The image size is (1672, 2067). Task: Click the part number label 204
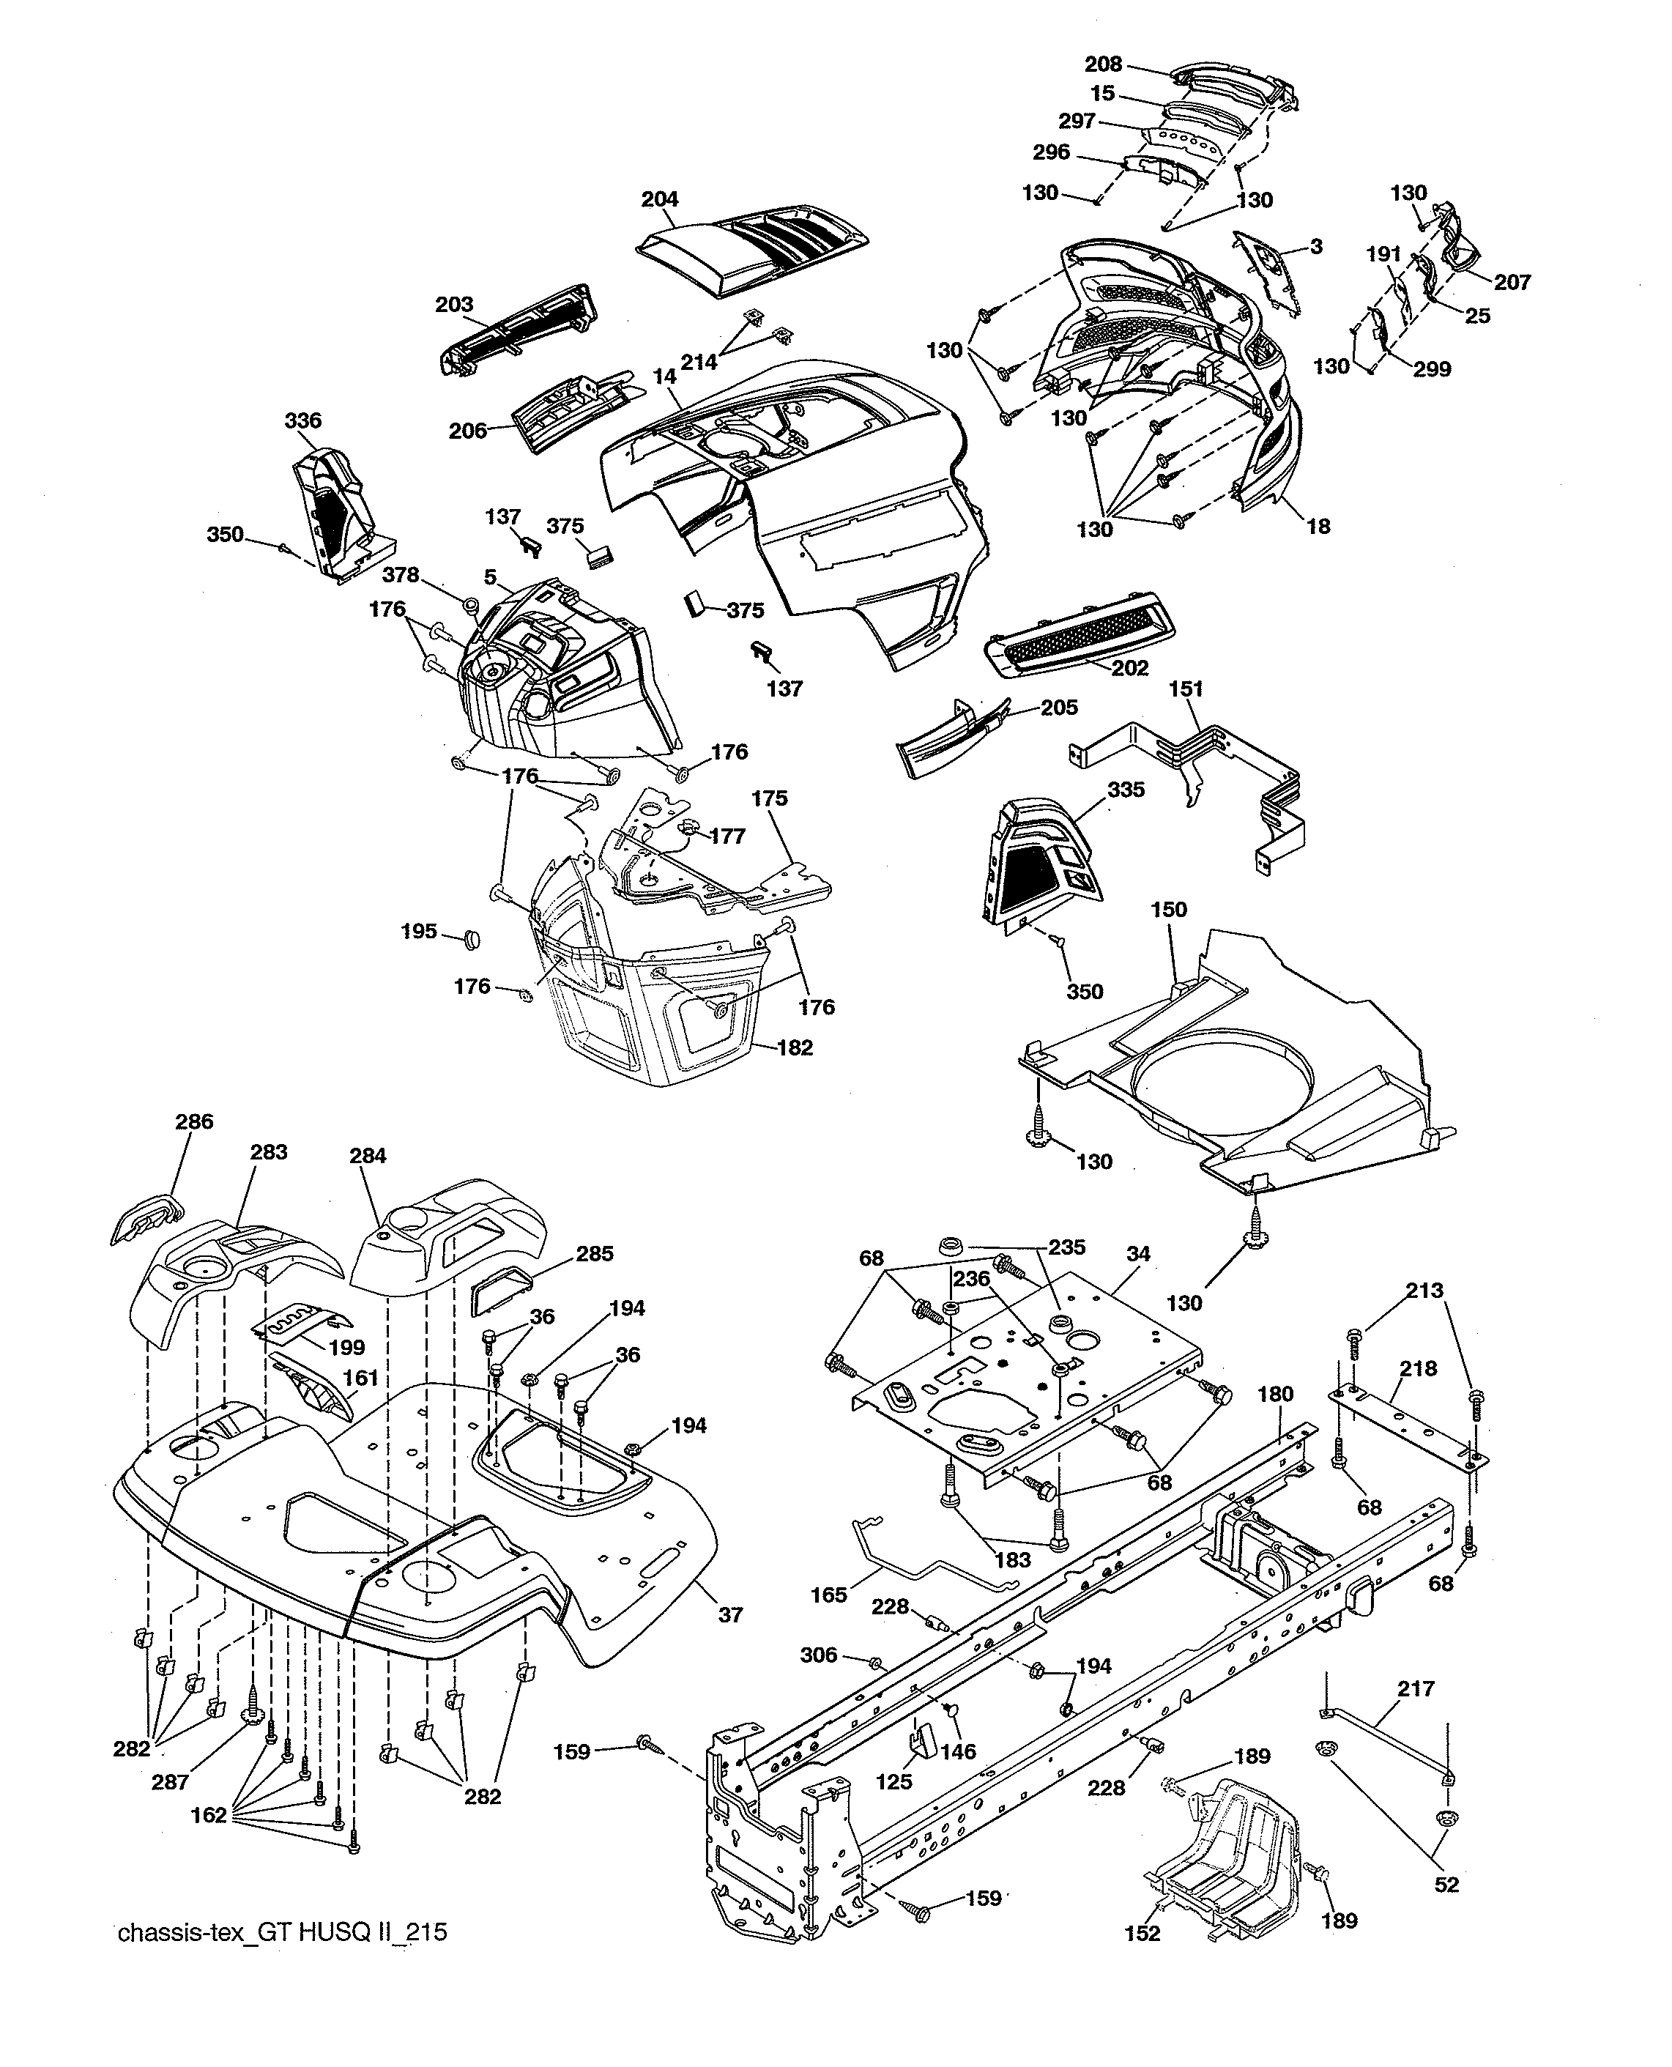[x=660, y=199]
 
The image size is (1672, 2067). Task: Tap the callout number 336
[x=303, y=421]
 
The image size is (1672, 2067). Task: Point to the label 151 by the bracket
[x=1186, y=690]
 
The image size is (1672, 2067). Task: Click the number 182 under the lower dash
[x=795, y=1048]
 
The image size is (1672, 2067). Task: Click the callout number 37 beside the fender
[x=731, y=1615]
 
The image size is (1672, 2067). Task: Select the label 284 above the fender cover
[x=368, y=1156]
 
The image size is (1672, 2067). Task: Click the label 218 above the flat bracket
[x=1419, y=1369]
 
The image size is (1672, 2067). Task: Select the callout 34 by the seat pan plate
[x=1137, y=1254]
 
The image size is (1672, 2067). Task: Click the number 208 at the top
[x=1103, y=64]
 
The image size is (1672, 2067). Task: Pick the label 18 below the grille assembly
[x=1318, y=526]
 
